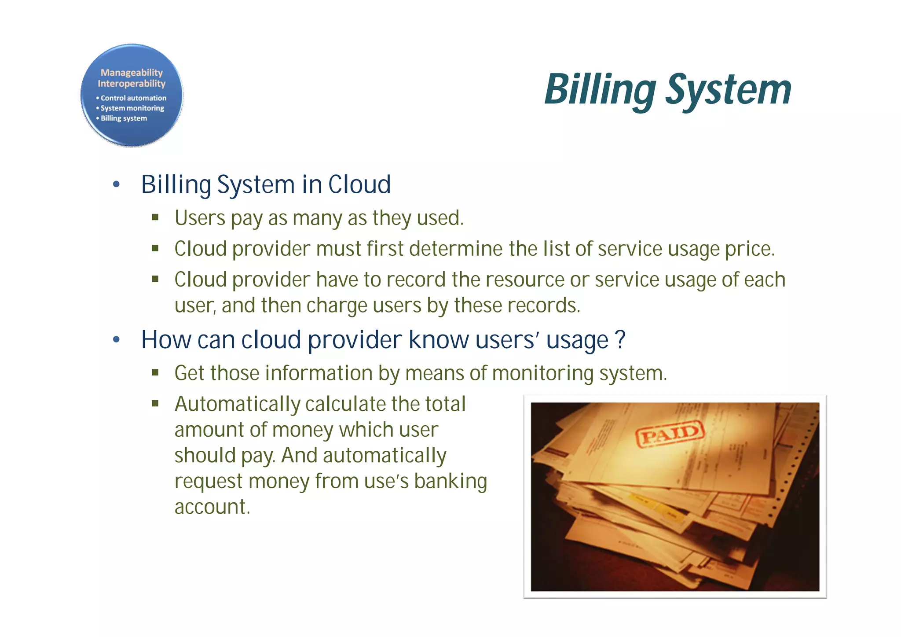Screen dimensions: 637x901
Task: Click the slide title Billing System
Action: (x=667, y=90)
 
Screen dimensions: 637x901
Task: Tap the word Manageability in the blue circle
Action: (x=132, y=73)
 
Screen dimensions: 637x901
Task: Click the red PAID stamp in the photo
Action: (x=670, y=434)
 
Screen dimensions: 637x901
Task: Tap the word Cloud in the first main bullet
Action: (x=359, y=184)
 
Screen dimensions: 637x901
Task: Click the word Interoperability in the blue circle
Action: (x=132, y=84)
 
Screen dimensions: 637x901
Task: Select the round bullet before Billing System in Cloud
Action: (x=116, y=184)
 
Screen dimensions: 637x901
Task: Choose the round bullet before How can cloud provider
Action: (x=116, y=340)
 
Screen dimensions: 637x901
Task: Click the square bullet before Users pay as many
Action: (x=155, y=217)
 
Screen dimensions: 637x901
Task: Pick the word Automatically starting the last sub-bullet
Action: (x=237, y=404)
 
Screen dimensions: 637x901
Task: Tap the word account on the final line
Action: (x=212, y=507)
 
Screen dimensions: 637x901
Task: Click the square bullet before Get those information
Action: (x=155, y=373)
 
